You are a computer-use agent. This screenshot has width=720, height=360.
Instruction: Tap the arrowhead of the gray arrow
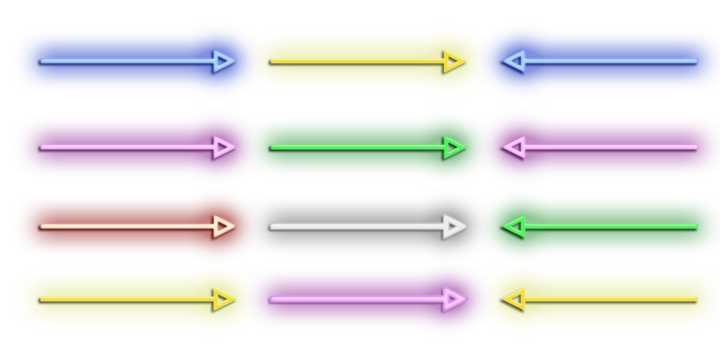(x=457, y=227)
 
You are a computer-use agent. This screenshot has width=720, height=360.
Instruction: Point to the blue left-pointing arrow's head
(x=512, y=61)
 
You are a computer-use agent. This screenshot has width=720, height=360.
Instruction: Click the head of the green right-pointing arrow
(x=457, y=148)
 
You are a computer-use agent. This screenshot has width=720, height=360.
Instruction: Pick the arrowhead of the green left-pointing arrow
(x=512, y=227)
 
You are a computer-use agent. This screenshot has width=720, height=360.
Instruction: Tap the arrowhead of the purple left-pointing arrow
(x=512, y=148)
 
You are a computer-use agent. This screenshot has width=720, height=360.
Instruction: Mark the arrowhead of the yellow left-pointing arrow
(x=512, y=299)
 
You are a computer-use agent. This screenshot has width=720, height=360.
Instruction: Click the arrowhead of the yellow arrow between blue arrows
(x=457, y=61)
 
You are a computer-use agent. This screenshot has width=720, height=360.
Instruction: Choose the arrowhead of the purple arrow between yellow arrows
(x=457, y=299)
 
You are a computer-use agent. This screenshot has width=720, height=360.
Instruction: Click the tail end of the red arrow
(x=41, y=227)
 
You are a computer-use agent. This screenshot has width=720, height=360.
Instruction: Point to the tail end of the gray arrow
(x=272, y=227)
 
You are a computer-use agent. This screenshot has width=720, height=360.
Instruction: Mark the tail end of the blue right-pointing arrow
(x=41, y=61)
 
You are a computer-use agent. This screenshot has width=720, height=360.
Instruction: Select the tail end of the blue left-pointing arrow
(x=697, y=61)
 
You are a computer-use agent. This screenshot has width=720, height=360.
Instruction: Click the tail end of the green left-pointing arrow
(x=697, y=227)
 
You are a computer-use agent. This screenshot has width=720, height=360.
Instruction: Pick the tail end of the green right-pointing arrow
(x=272, y=148)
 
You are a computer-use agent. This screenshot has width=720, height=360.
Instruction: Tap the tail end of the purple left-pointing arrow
(x=697, y=148)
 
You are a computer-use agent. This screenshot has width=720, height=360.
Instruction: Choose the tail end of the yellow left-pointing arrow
(x=697, y=299)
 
